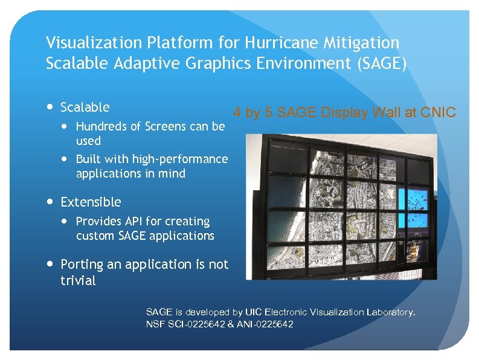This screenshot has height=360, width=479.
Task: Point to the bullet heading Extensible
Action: click(91, 202)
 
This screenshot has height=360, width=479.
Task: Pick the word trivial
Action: click(78, 281)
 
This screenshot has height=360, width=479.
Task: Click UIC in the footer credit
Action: click(253, 312)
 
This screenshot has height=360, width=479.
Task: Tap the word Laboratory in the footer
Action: click(390, 312)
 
